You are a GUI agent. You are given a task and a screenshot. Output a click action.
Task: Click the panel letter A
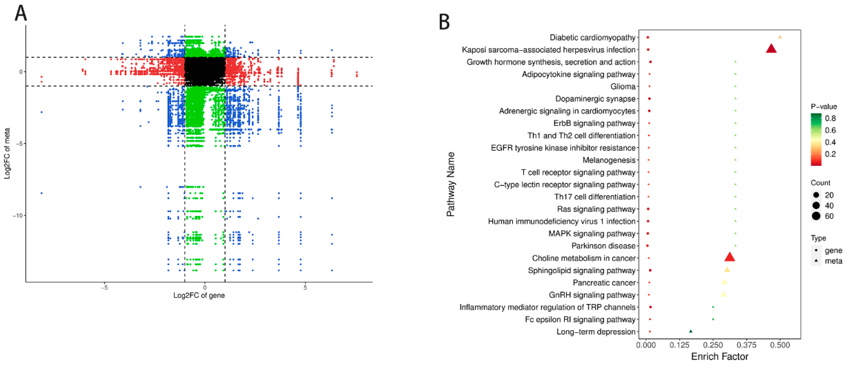21,14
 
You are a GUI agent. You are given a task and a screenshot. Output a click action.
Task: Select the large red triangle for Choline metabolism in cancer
729,257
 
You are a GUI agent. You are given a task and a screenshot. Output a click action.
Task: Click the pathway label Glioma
623,87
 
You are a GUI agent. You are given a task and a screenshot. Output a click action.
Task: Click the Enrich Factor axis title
719,357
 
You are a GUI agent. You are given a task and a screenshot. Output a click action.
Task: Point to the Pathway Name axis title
451,184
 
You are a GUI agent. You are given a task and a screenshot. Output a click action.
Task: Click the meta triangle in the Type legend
816,261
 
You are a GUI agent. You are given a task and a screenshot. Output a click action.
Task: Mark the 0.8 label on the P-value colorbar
830,119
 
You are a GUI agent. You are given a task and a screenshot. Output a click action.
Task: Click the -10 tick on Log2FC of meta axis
17,216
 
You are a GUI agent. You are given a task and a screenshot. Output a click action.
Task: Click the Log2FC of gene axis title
199,295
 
